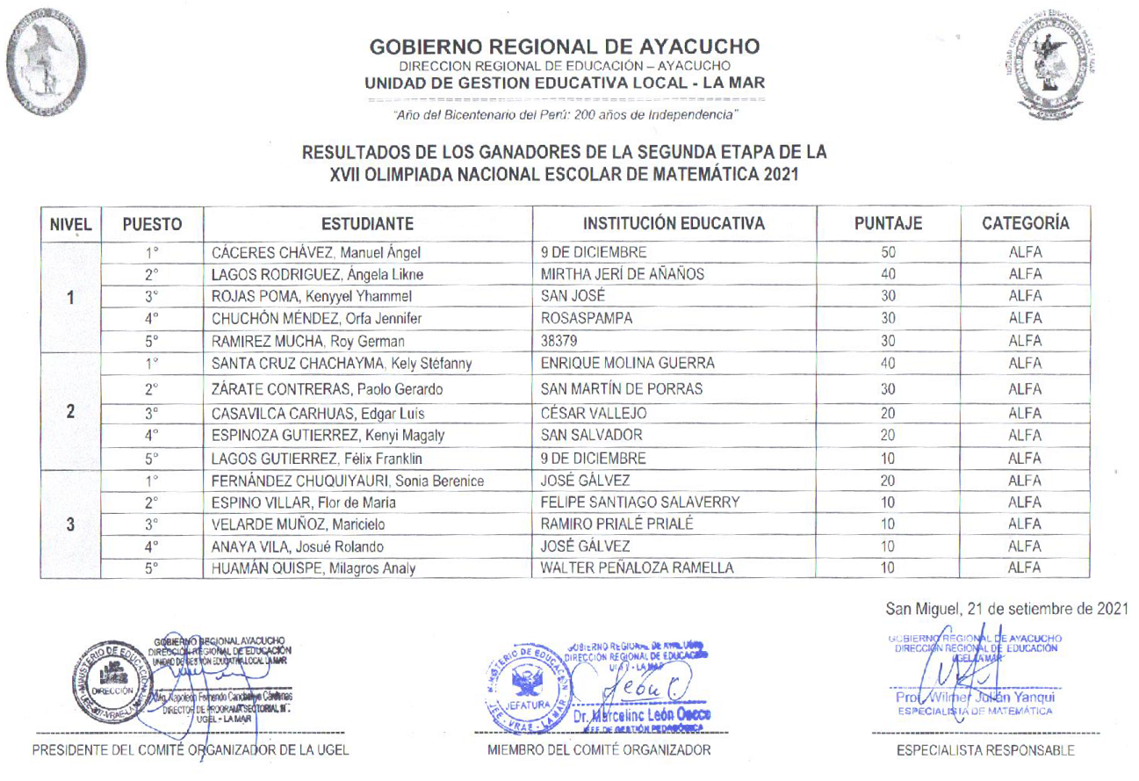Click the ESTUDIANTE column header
367,223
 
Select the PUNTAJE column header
887,223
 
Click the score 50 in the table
888,253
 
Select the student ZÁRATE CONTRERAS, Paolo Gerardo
326,388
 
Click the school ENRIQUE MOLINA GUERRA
627,364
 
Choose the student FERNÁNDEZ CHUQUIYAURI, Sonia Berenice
348,481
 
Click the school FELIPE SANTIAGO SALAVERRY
641,503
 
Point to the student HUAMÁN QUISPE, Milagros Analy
314,568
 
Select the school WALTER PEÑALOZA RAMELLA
638,568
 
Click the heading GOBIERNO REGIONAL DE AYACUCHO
565,47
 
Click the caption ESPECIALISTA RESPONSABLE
984,751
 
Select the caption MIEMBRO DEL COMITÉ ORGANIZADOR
599,750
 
